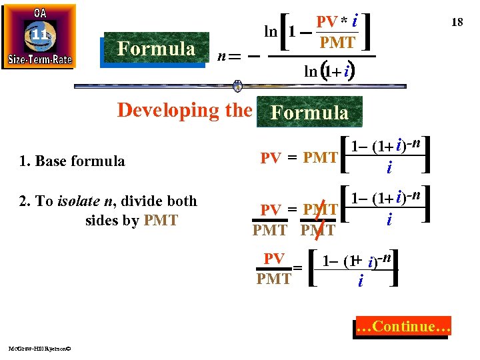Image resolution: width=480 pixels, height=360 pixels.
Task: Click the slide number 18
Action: pyautogui.click(x=457, y=23)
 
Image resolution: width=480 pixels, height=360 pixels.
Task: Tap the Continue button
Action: pyautogui.click(x=404, y=327)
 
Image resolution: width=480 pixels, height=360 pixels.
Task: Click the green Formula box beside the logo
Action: pyautogui.click(x=156, y=49)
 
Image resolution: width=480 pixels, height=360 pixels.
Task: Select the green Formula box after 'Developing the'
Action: pyautogui.click(x=309, y=112)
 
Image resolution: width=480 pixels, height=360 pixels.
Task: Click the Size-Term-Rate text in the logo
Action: pyautogui.click(x=39, y=59)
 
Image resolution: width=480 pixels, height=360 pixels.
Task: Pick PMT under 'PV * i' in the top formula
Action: pyautogui.click(x=337, y=43)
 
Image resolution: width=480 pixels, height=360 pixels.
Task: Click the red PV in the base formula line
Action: pyautogui.click(x=270, y=158)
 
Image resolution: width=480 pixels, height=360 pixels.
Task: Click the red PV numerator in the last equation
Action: pyautogui.click(x=274, y=258)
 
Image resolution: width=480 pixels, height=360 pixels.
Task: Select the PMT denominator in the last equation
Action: pyautogui.click(x=274, y=279)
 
